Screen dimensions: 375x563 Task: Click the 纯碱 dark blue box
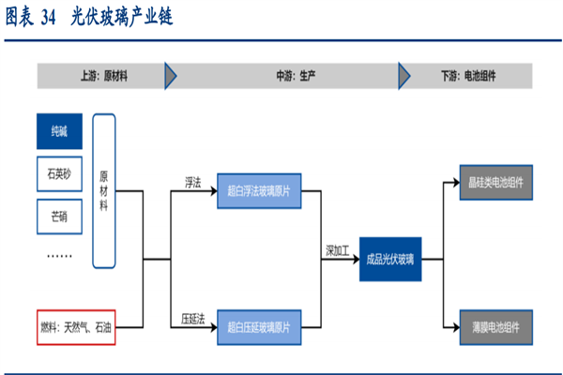59,132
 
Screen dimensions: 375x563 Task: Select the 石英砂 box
59,173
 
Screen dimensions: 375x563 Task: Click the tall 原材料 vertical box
104,189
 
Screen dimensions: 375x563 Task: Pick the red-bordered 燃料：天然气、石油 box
78,327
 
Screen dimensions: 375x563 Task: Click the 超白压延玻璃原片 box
258,327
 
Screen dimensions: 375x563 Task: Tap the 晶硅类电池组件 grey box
496,183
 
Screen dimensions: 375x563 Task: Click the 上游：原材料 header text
101,75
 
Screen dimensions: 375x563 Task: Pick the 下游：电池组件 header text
472,75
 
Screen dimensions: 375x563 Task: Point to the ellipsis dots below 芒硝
59,254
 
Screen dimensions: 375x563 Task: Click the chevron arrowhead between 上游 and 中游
170,75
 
